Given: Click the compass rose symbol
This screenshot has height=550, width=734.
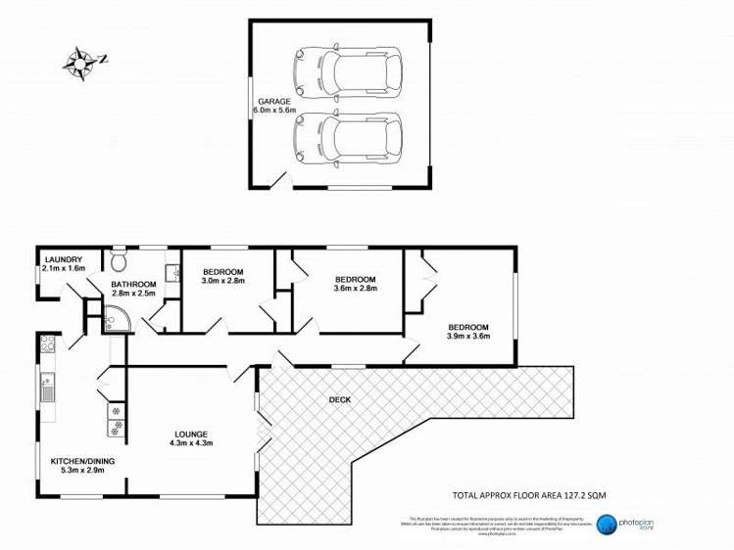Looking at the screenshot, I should [x=80, y=62].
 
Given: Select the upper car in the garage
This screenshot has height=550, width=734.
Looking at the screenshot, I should [x=346, y=69].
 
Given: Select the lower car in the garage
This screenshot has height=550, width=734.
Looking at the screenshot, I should [x=346, y=135].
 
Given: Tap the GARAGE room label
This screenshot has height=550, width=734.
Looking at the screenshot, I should [x=274, y=101].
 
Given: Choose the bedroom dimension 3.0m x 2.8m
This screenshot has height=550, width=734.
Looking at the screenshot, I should [x=222, y=281].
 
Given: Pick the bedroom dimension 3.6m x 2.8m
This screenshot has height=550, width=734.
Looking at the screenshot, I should [x=354, y=290].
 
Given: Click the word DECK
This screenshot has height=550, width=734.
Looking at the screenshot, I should [x=340, y=399].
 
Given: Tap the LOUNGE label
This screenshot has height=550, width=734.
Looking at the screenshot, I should [x=191, y=434].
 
